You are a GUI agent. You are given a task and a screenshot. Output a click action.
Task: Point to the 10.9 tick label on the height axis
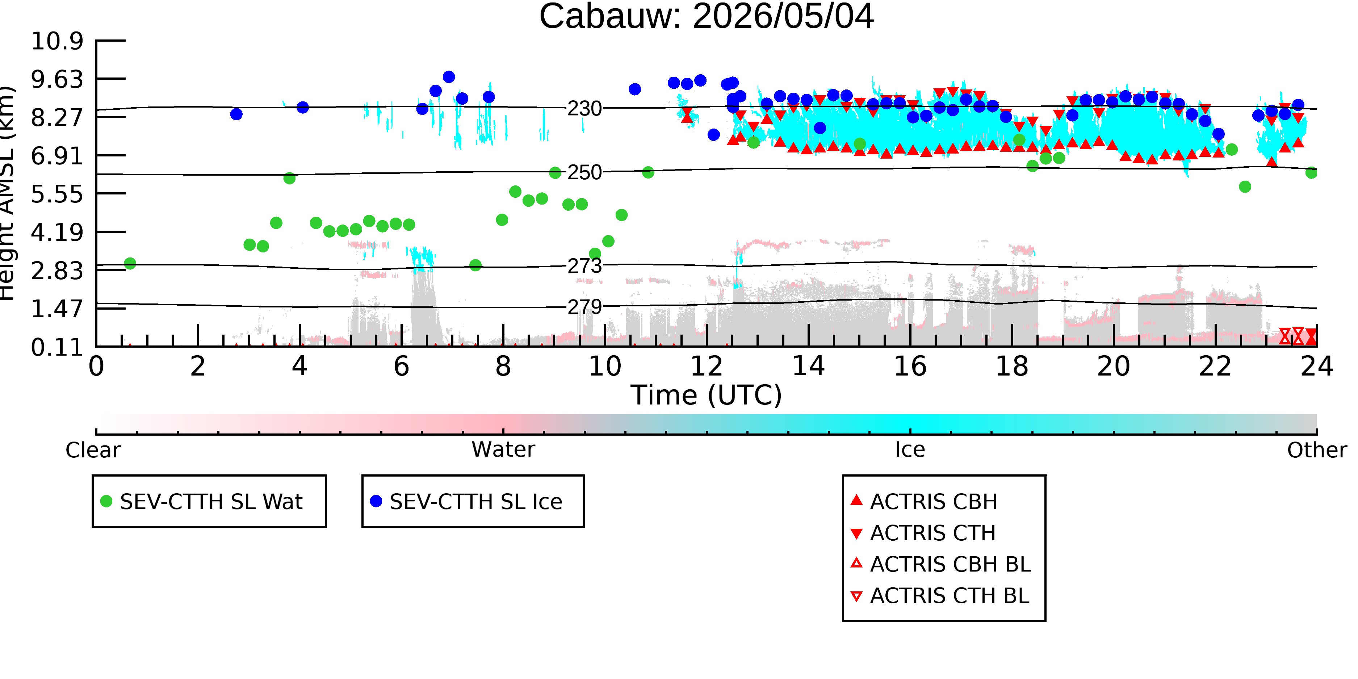point(57,41)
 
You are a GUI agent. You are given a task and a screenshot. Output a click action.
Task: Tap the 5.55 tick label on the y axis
point(57,194)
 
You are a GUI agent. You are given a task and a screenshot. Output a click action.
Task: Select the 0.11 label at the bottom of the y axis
point(57,347)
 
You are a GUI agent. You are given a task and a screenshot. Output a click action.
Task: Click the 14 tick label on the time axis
point(808,366)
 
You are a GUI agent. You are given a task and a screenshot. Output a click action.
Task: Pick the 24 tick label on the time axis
point(1317,366)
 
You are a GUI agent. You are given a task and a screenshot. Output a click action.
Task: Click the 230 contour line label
point(584,109)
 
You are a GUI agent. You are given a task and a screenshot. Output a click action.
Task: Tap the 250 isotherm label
point(584,172)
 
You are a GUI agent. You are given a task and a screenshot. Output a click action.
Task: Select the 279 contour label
point(584,307)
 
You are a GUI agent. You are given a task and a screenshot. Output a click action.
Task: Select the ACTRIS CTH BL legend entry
point(940,596)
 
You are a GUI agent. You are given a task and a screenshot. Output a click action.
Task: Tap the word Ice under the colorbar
point(910,450)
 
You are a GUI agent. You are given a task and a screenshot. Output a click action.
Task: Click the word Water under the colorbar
point(503,450)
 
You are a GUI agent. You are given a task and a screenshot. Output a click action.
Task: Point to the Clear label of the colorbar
point(93,450)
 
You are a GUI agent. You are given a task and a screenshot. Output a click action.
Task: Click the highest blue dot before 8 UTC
point(449,77)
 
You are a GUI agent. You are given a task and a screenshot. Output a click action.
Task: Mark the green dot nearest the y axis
point(130,263)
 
